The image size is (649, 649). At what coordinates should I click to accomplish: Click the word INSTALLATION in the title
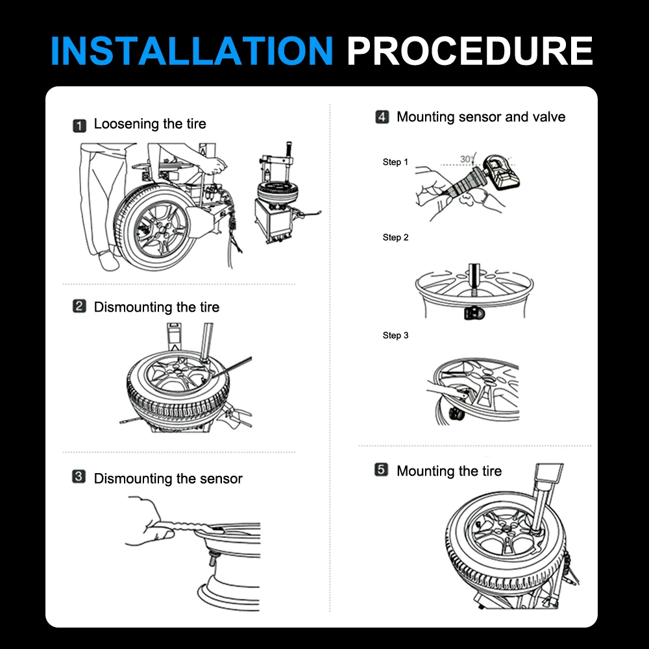191,51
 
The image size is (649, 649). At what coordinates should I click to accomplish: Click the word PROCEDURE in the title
470,51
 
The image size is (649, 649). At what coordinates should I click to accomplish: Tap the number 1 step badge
79,125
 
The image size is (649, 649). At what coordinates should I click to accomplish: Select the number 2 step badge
79,306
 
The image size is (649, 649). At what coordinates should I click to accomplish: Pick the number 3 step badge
79,476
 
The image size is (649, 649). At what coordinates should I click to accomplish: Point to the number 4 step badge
382,117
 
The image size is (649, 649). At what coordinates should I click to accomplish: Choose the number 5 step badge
381,470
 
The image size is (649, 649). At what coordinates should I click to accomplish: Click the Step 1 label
395,162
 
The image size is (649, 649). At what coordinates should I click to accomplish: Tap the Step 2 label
395,237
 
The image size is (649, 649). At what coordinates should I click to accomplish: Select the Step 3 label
395,336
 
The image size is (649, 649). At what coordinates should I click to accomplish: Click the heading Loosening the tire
150,124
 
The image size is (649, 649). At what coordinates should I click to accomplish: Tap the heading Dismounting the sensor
168,478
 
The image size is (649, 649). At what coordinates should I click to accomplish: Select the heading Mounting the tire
449,471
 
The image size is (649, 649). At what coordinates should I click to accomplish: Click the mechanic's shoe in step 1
108,261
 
